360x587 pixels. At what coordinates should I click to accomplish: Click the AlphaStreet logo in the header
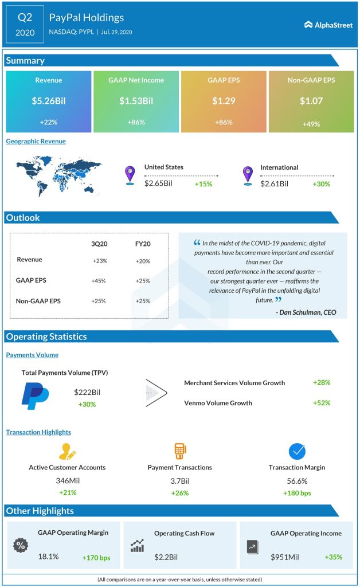(328, 25)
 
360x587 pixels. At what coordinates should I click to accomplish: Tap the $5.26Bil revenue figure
(48, 101)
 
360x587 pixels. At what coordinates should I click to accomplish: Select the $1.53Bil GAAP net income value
(136, 101)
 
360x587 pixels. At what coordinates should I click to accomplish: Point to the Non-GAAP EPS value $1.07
(311, 101)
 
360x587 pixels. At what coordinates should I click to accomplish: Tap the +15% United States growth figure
(204, 184)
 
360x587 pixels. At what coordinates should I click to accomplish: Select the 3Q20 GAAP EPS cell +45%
(99, 281)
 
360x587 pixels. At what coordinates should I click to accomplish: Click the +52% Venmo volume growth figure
(322, 402)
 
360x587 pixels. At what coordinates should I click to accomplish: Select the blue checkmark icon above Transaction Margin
(297, 451)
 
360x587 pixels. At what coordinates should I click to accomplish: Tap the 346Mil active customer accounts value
(67, 480)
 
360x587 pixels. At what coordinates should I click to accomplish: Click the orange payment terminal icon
(180, 451)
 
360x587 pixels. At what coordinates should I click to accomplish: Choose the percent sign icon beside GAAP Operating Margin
(20, 545)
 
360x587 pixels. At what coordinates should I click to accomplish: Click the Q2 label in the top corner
(25, 17)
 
